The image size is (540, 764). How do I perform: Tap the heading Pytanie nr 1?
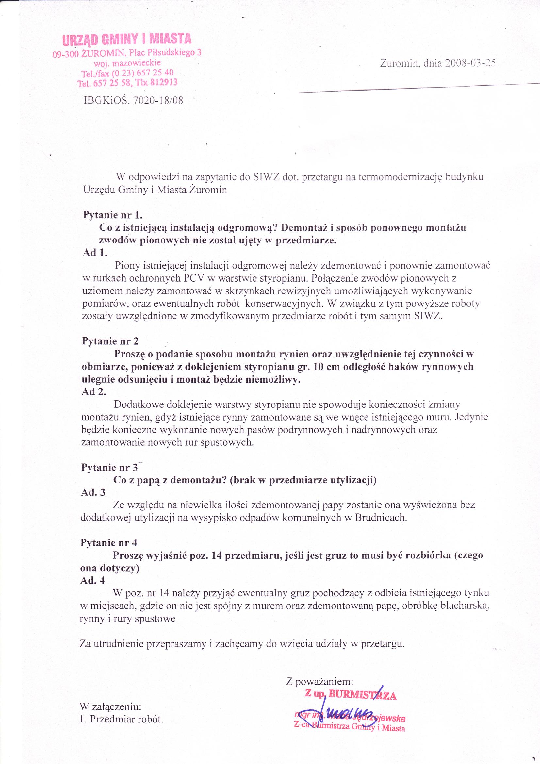[x=113, y=215]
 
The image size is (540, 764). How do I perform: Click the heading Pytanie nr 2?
[x=110, y=341]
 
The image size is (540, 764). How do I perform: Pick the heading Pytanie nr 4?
[x=109, y=543]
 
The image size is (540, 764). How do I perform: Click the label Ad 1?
[x=95, y=253]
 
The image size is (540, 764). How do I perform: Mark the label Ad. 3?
[x=93, y=492]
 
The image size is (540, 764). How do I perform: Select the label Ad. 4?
[x=93, y=580]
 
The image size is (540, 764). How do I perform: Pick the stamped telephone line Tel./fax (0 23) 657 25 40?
[x=128, y=73]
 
